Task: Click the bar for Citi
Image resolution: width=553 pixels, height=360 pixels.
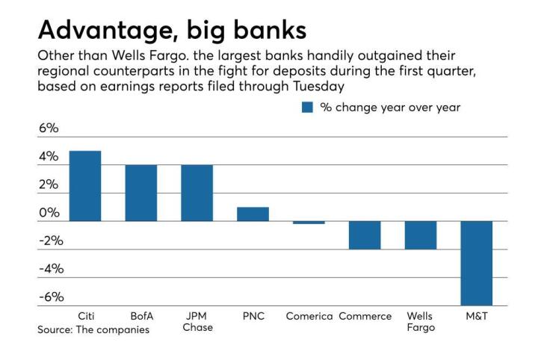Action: click(x=85, y=186)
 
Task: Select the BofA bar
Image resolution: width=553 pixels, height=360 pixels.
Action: click(x=141, y=193)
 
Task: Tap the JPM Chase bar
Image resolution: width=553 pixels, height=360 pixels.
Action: click(x=197, y=193)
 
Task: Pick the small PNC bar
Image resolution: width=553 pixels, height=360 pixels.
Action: click(x=253, y=214)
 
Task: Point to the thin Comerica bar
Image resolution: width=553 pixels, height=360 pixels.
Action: click(x=309, y=223)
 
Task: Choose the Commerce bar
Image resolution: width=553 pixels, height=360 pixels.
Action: click(x=365, y=235)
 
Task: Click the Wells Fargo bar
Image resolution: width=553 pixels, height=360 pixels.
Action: click(x=420, y=235)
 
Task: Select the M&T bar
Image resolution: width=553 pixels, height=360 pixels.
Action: click(x=476, y=263)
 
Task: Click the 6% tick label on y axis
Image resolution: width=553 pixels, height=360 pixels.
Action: click(x=48, y=128)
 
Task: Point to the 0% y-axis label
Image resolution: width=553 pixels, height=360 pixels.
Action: click(x=48, y=213)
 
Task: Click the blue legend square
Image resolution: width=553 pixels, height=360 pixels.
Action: click(x=306, y=108)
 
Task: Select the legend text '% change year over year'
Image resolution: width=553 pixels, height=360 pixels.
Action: click(x=390, y=108)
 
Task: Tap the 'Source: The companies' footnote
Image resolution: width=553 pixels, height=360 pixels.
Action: click(x=93, y=329)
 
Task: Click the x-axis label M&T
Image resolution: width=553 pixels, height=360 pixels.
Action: click(x=476, y=316)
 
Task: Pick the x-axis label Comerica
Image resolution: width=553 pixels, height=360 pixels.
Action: click(x=309, y=316)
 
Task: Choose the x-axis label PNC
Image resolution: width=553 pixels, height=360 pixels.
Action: click(x=253, y=316)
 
